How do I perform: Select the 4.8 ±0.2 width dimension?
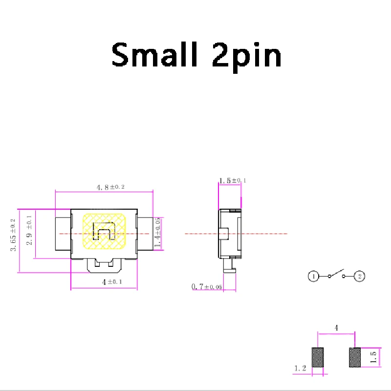(x=105, y=187)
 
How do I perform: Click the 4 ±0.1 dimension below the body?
(x=105, y=282)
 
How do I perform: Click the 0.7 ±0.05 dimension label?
(x=206, y=286)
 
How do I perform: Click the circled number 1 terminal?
(x=313, y=277)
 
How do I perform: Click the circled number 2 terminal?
(x=360, y=277)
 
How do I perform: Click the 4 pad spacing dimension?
(x=336, y=328)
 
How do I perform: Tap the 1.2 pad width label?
(x=301, y=368)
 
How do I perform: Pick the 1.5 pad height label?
(x=373, y=357)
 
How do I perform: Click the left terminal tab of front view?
(x=63, y=234)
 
